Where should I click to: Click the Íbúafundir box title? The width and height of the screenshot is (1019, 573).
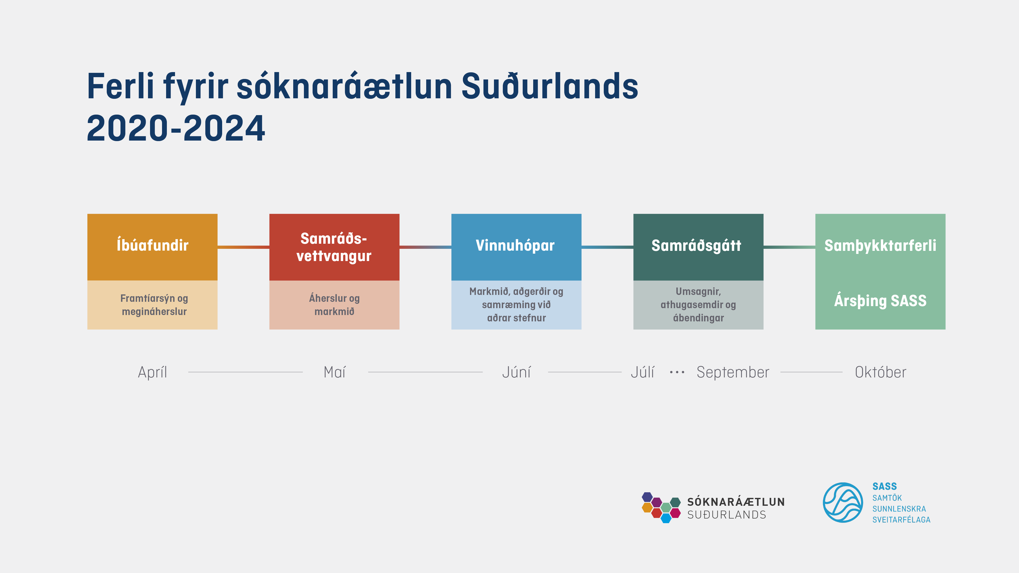(x=152, y=245)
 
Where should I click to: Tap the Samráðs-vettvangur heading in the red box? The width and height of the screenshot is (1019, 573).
(x=334, y=247)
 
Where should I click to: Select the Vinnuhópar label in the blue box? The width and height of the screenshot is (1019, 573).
(x=515, y=245)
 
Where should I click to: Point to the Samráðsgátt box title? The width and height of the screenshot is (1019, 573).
(x=696, y=245)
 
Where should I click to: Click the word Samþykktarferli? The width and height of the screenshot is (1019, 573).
(x=880, y=245)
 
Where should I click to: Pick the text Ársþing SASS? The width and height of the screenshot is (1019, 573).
(x=880, y=301)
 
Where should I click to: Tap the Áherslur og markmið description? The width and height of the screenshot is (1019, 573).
(x=334, y=305)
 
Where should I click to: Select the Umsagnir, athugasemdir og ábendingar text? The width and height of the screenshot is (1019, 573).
(x=698, y=305)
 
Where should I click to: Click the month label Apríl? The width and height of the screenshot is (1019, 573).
(x=152, y=372)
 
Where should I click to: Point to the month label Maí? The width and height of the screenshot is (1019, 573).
(x=335, y=372)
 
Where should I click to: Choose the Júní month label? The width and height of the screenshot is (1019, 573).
(x=516, y=372)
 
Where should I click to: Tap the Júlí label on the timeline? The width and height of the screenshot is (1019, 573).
(x=642, y=372)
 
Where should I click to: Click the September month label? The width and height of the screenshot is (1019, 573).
(x=733, y=372)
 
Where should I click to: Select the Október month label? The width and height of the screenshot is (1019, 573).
(x=881, y=372)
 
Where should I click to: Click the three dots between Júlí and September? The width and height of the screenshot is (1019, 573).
(x=677, y=372)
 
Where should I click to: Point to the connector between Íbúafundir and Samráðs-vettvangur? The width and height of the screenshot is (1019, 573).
(x=243, y=247)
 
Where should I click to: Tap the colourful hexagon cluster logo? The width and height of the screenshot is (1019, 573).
(x=661, y=507)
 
